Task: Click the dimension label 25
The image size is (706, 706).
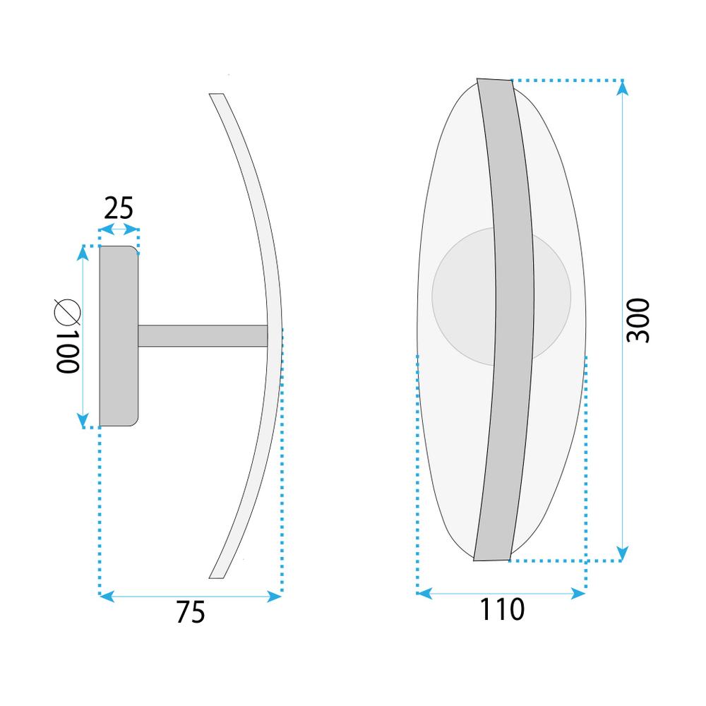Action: pos(119,208)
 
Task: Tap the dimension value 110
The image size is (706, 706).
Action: pos(502,609)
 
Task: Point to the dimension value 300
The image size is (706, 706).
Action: pos(638,321)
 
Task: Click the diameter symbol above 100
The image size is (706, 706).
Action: pos(66,310)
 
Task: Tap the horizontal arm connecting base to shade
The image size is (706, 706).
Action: pos(203,335)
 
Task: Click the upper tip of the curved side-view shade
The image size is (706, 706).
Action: pos(216,95)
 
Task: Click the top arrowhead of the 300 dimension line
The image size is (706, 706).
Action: pos(622,86)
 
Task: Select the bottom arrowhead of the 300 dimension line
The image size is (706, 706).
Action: pos(622,554)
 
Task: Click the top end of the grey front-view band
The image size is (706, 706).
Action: pos(494,80)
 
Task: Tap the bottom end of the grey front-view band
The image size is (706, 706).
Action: pos(491,558)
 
